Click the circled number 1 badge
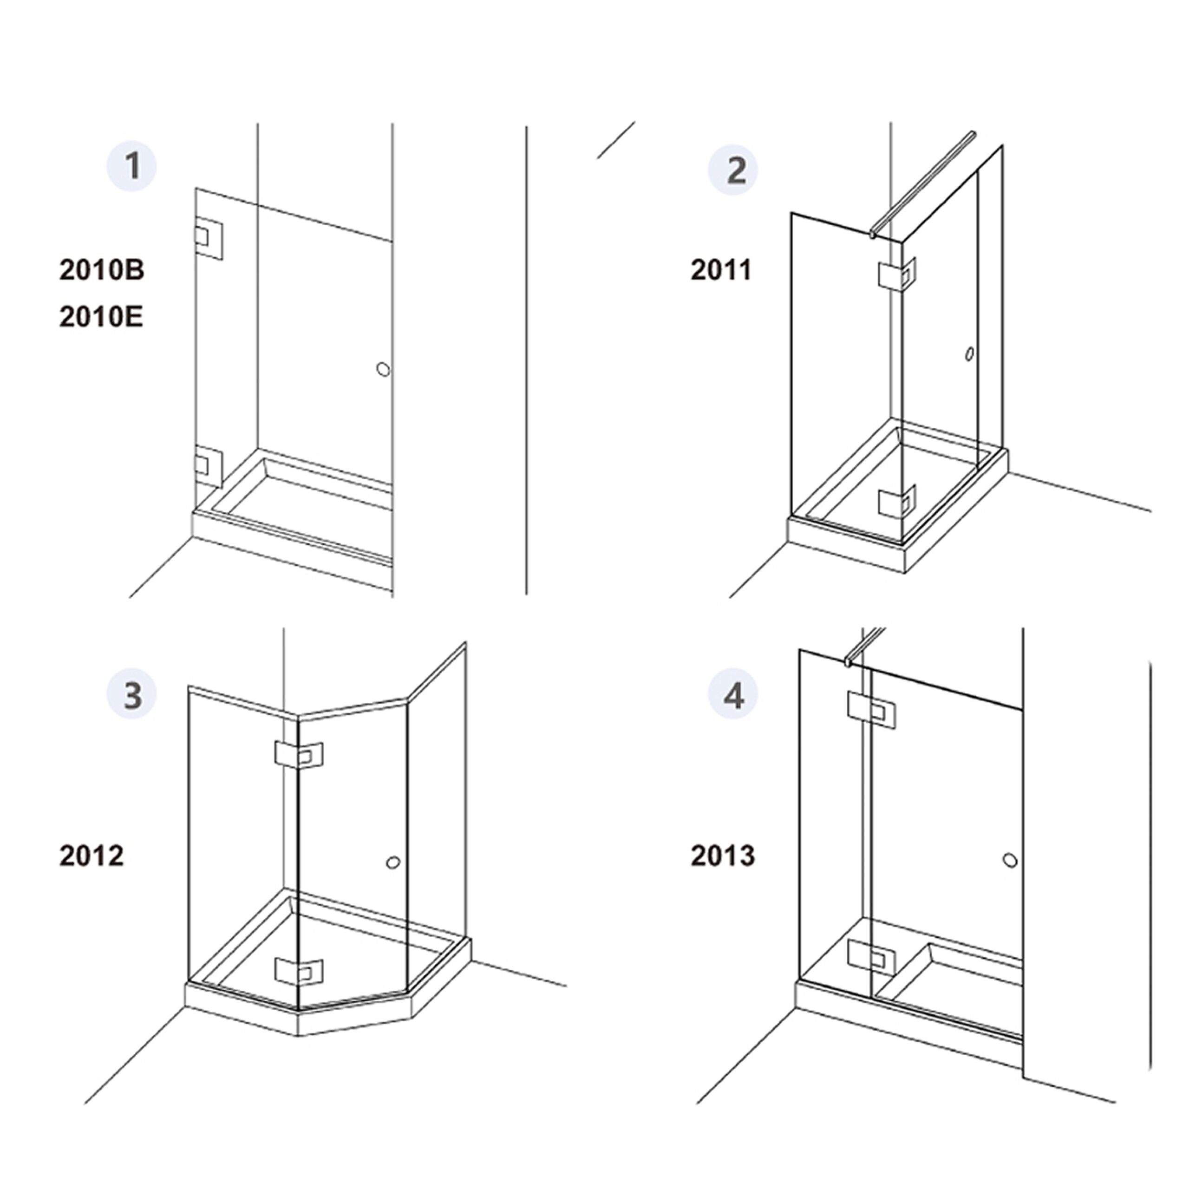point(132,167)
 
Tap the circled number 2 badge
point(733,170)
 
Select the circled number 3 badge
point(132,694)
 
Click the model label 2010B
point(102,269)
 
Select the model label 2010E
point(101,317)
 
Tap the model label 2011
point(721,269)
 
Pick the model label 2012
point(91,856)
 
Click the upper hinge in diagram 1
point(209,237)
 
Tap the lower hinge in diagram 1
point(209,466)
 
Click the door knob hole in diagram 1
point(383,369)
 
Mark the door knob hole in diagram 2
point(969,354)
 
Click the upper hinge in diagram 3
point(299,756)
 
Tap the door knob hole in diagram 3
point(392,862)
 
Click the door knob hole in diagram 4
point(1010,860)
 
